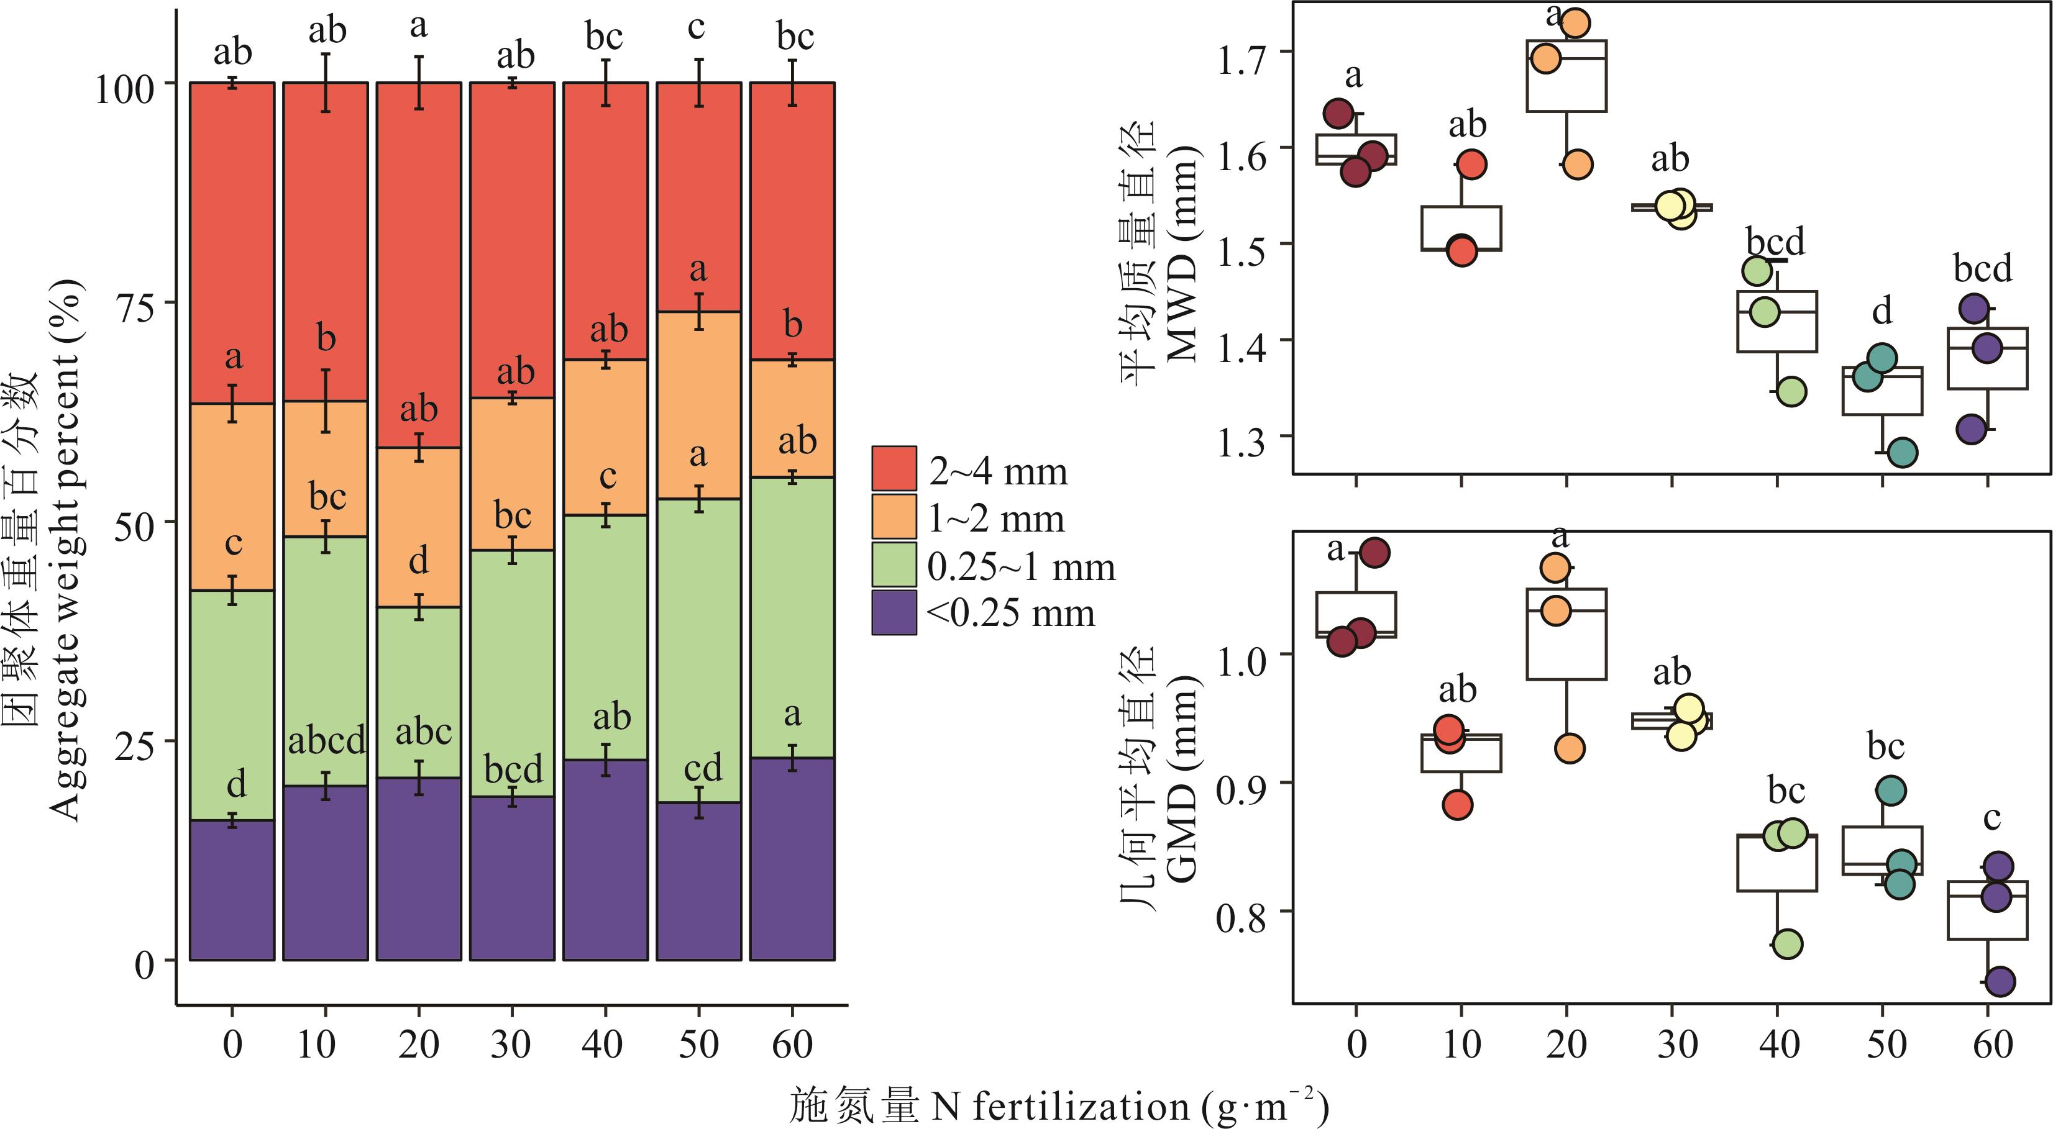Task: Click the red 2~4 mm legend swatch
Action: click(x=894, y=468)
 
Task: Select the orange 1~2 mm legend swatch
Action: click(x=894, y=516)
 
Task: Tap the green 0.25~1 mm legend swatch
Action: click(x=894, y=565)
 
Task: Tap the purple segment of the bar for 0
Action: click(x=232, y=890)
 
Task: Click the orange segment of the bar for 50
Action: click(x=698, y=405)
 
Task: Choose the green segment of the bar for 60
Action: click(x=792, y=617)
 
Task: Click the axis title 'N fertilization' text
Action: click(x=1060, y=1107)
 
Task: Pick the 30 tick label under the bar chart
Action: click(x=511, y=1044)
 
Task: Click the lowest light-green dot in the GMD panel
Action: click(x=1788, y=944)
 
